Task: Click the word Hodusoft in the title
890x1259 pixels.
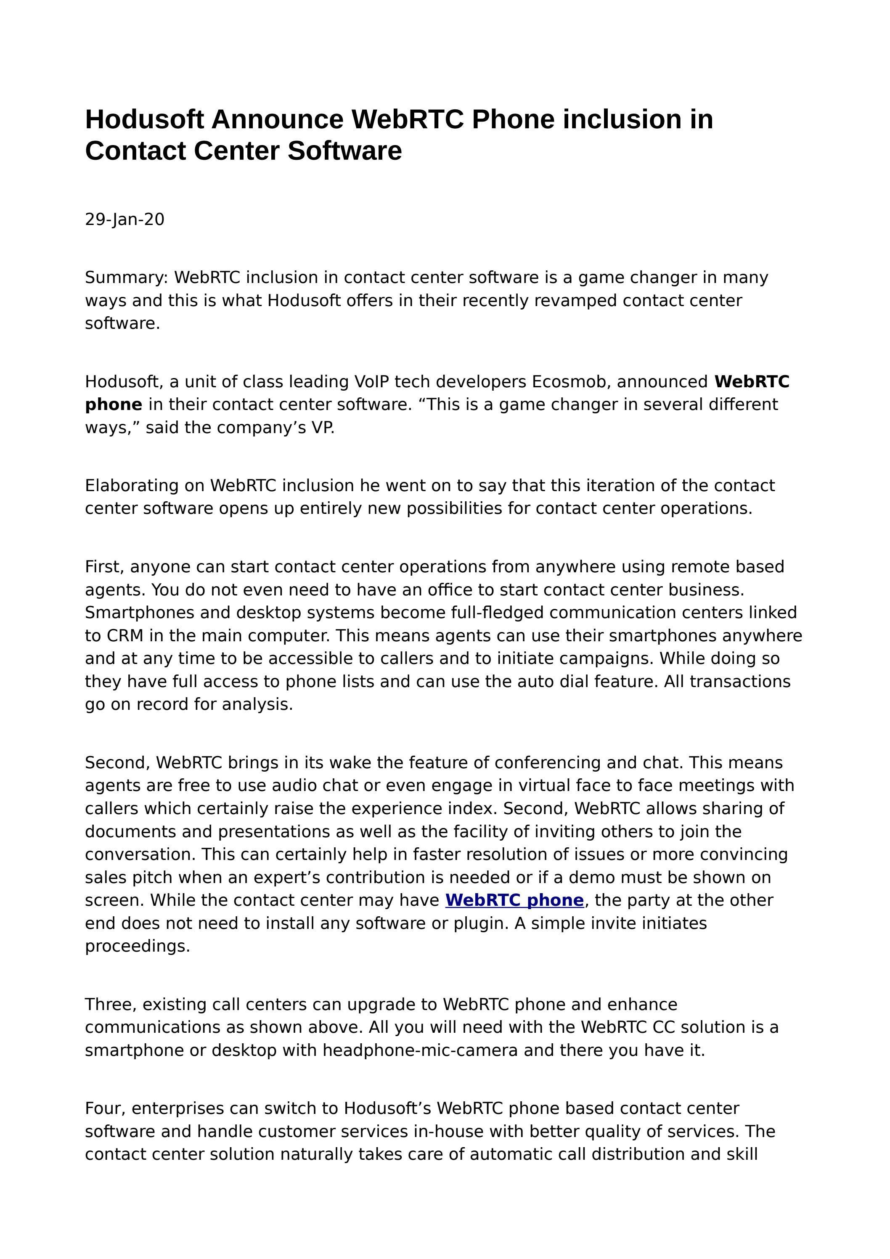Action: point(144,119)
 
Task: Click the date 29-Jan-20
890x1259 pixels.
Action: point(124,220)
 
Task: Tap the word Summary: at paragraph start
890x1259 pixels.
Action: point(126,278)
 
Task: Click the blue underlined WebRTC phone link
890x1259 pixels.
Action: point(514,900)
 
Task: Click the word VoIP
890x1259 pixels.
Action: point(372,382)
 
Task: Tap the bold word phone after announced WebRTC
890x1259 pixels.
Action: point(114,405)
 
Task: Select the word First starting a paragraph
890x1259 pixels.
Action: point(104,566)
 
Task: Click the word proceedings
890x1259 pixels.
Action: point(137,947)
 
